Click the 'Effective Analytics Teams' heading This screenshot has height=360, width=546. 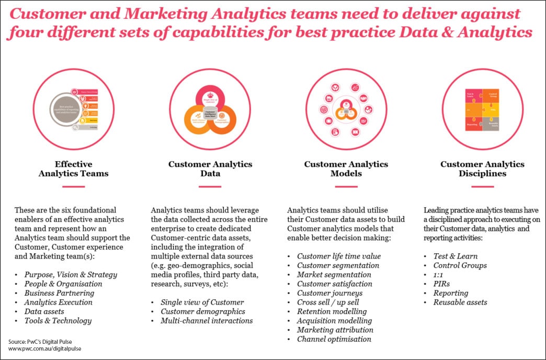coord(73,168)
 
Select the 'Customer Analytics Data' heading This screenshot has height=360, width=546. coord(210,168)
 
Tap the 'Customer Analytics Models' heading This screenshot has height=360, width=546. coord(346,168)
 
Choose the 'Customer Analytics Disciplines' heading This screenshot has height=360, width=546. coord(482,168)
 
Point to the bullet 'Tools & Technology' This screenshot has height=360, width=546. coord(58,321)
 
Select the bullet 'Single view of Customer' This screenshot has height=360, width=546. coord(202,302)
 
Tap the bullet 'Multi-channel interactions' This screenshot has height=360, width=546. coord(207,321)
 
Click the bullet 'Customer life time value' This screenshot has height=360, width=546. coord(339,256)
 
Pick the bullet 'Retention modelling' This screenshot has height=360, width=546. coord(331,311)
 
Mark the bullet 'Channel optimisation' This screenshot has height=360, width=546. coord(334,339)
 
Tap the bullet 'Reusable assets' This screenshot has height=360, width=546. coord(460,302)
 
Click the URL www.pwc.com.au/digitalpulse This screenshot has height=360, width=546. coord(45,348)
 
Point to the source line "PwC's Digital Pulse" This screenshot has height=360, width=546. coord(45,341)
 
